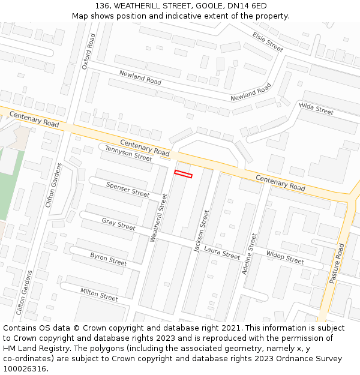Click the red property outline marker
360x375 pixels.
(183, 174)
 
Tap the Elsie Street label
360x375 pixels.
(267, 42)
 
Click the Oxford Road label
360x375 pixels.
(89, 52)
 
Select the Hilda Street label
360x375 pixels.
(316, 109)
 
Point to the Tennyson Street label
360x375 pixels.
(128, 154)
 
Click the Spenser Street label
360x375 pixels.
(128, 190)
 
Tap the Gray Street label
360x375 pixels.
(118, 224)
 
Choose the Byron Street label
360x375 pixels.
(109, 259)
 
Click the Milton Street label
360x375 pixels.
(99, 294)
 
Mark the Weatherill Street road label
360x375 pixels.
(158, 218)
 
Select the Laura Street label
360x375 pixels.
(221, 252)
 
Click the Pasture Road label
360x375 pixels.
(337, 263)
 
